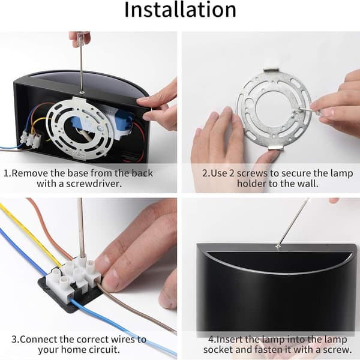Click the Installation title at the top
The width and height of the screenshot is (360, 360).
point(180,10)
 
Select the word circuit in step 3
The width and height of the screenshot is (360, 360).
point(104,349)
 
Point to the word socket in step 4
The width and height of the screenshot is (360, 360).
point(218,349)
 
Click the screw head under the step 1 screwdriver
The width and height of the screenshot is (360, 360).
point(82,92)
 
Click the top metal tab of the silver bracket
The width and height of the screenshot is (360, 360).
point(272,70)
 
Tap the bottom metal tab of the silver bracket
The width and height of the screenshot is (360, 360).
point(275,147)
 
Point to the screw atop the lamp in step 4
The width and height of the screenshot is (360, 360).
point(278,247)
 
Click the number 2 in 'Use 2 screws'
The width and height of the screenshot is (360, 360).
point(232,173)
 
